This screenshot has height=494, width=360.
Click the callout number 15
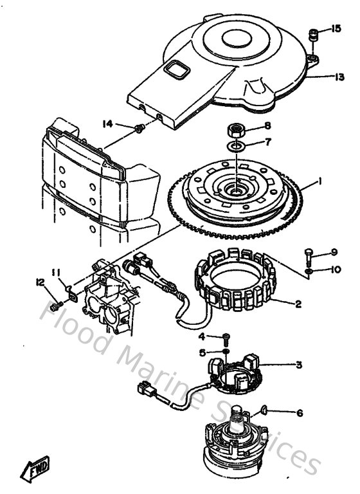(x=336, y=28)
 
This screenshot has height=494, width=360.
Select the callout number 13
(x=339, y=77)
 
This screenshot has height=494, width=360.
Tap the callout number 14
(x=107, y=122)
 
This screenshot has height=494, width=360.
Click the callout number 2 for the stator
(x=297, y=305)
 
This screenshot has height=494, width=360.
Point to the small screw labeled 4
(x=226, y=338)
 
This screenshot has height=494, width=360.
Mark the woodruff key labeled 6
(x=265, y=408)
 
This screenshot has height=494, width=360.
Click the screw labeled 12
(x=55, y=305)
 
